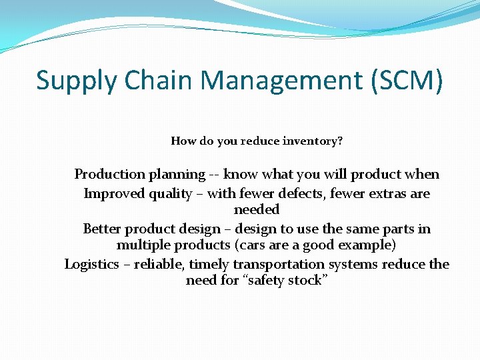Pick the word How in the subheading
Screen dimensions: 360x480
[183, 141]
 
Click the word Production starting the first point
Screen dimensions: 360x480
[109, 175]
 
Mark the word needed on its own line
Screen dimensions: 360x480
[257, 210]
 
